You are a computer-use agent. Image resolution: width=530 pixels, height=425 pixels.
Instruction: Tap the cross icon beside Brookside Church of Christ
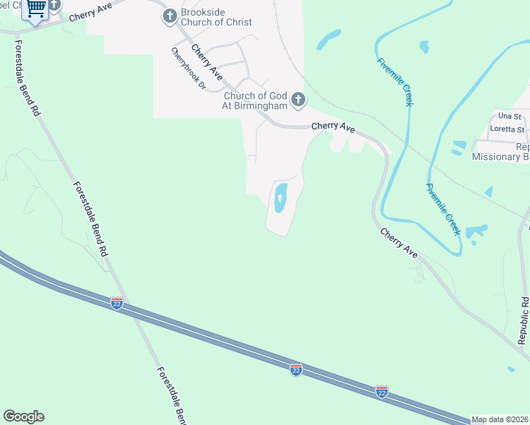coord(169,16)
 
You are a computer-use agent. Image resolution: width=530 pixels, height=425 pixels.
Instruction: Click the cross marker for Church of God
coord(298,100)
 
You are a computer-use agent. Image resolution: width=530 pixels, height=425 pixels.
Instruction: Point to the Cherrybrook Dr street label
coord(188,69)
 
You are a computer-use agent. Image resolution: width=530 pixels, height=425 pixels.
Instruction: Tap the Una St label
coord(509,116)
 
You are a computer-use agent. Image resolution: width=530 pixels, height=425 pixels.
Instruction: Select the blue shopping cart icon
coord(35,9)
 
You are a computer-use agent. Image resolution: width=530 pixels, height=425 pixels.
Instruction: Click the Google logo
coord(23,416)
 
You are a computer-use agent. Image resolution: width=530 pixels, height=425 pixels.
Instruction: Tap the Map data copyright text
coord(500,419)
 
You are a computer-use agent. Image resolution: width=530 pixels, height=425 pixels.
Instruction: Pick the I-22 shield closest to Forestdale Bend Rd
coord(117,303)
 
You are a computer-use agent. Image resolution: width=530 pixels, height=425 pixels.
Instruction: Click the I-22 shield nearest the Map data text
coord(382,392)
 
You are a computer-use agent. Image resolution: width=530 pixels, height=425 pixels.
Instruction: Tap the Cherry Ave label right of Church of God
coord(333,127)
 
